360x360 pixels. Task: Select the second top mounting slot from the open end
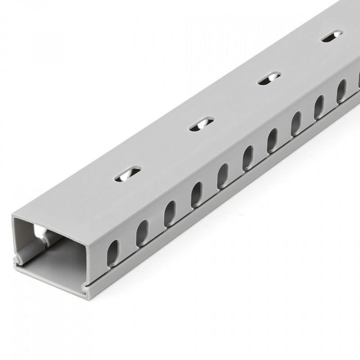tap(201, 124)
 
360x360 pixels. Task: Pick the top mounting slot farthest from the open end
tap(332, 36)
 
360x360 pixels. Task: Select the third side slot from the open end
tap(169, 213)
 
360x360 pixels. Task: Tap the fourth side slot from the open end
tap(197, 194)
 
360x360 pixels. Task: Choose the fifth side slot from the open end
tap(223, 175)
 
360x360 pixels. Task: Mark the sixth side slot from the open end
tap(248, 158)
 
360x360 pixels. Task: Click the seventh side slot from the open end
tap(273, 140)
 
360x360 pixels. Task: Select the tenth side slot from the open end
tap(342, 91)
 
